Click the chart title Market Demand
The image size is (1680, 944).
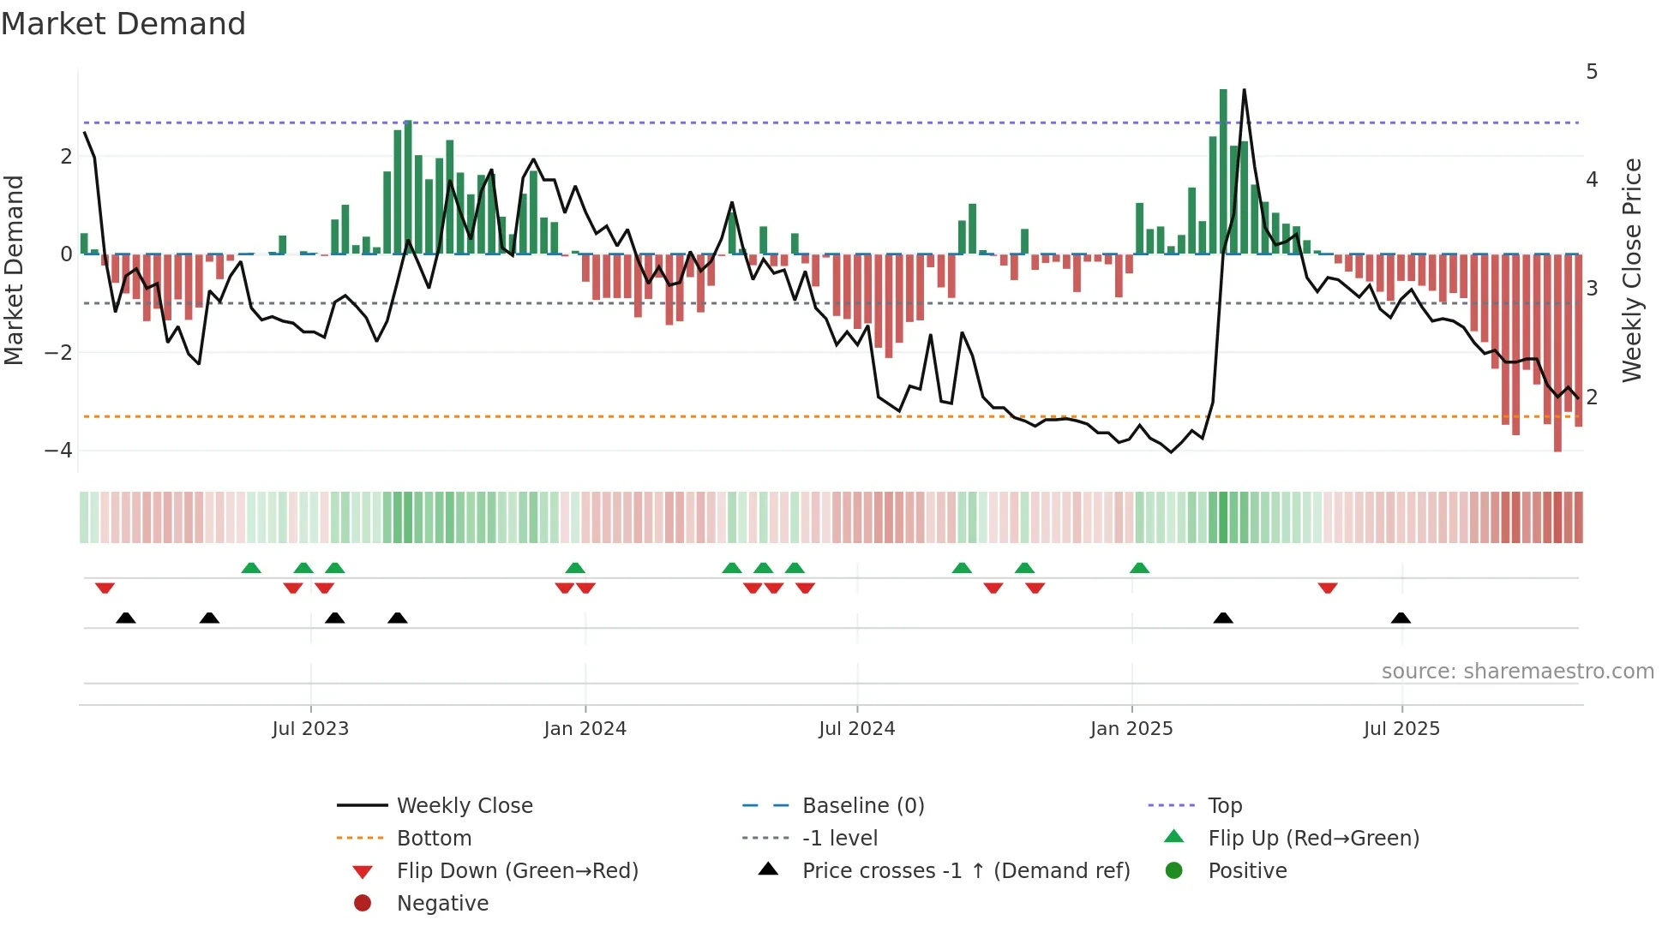point(123,24)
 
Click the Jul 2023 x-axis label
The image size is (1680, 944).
point(310,729)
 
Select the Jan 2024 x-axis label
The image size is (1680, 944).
point(585,729)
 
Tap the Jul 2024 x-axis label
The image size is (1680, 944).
point(856,729)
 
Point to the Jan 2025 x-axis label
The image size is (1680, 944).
point(1131,729)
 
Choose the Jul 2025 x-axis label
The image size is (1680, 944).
point(1401,729)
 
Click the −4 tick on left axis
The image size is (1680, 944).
point(58,451)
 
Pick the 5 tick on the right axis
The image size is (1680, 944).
point(1592,72)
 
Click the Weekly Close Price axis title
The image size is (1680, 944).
point(1632,270)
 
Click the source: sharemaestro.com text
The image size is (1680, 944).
point(1517,672)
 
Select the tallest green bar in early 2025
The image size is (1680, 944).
point(1223,171)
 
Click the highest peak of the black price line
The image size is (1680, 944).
point(1244,91)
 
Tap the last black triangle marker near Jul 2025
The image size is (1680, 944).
point(1401,618)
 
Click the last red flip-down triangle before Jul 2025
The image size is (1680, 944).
point(1328,589)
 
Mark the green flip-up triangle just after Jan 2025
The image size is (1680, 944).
point(1139,568)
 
